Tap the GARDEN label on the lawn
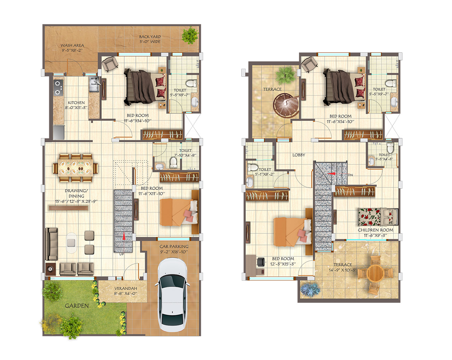click(77, 306)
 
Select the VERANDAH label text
click(125, 288)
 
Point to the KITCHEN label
click(76, 103)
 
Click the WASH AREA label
click(72, 46)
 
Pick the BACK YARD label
click(150, 37)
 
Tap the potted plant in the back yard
click(190, 35)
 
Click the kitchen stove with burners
click(58, 87)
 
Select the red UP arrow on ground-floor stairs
click(124, 236)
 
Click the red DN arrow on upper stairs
click(332, 174)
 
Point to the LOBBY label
click(299, 155)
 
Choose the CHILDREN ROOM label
click(375, 230)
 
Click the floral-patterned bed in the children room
click(377, 217)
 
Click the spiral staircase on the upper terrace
click(286, 105)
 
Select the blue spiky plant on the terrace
click(309, 289)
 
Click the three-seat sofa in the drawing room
click(51, 243)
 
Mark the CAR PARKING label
click(174, 247)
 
